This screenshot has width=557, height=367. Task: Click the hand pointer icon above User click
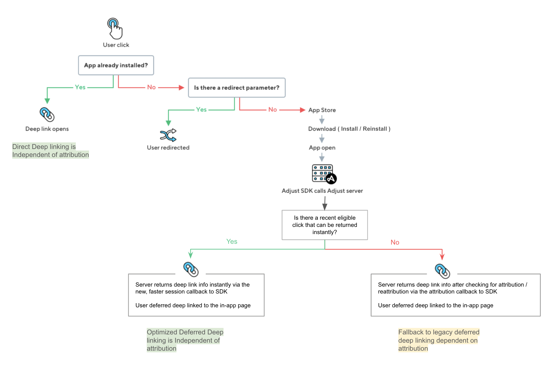pos(115,28)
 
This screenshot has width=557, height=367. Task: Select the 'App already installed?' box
pos(116,65)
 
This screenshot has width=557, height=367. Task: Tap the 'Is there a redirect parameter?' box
pos(236,88)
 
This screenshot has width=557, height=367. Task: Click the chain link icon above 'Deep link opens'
pos(47,114)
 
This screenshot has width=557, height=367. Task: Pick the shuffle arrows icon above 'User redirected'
pos(168,135)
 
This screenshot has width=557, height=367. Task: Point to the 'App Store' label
pos(322,110)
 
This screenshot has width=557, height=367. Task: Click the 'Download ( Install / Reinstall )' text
pos(349,129)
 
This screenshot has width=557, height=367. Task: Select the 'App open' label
pos(322,148)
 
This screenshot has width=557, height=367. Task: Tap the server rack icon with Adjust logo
pos(324,174)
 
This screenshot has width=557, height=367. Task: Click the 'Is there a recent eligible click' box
pos(324,225)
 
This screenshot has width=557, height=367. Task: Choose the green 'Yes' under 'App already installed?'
pos(80,87)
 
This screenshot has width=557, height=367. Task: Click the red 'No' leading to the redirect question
pos(151,87)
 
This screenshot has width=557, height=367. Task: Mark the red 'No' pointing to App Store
pos(272,110)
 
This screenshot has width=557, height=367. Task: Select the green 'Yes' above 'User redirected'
pos(201,110)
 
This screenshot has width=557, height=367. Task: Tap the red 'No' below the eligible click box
pos(395,242)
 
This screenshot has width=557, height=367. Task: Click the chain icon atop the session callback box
pos(191,269)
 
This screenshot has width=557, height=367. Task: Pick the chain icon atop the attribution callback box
pos(442,271)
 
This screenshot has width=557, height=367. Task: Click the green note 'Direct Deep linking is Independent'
pos(50,151)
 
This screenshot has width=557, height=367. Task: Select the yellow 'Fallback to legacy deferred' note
pos(439,340)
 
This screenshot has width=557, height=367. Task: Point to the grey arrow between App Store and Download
pos(322,120)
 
